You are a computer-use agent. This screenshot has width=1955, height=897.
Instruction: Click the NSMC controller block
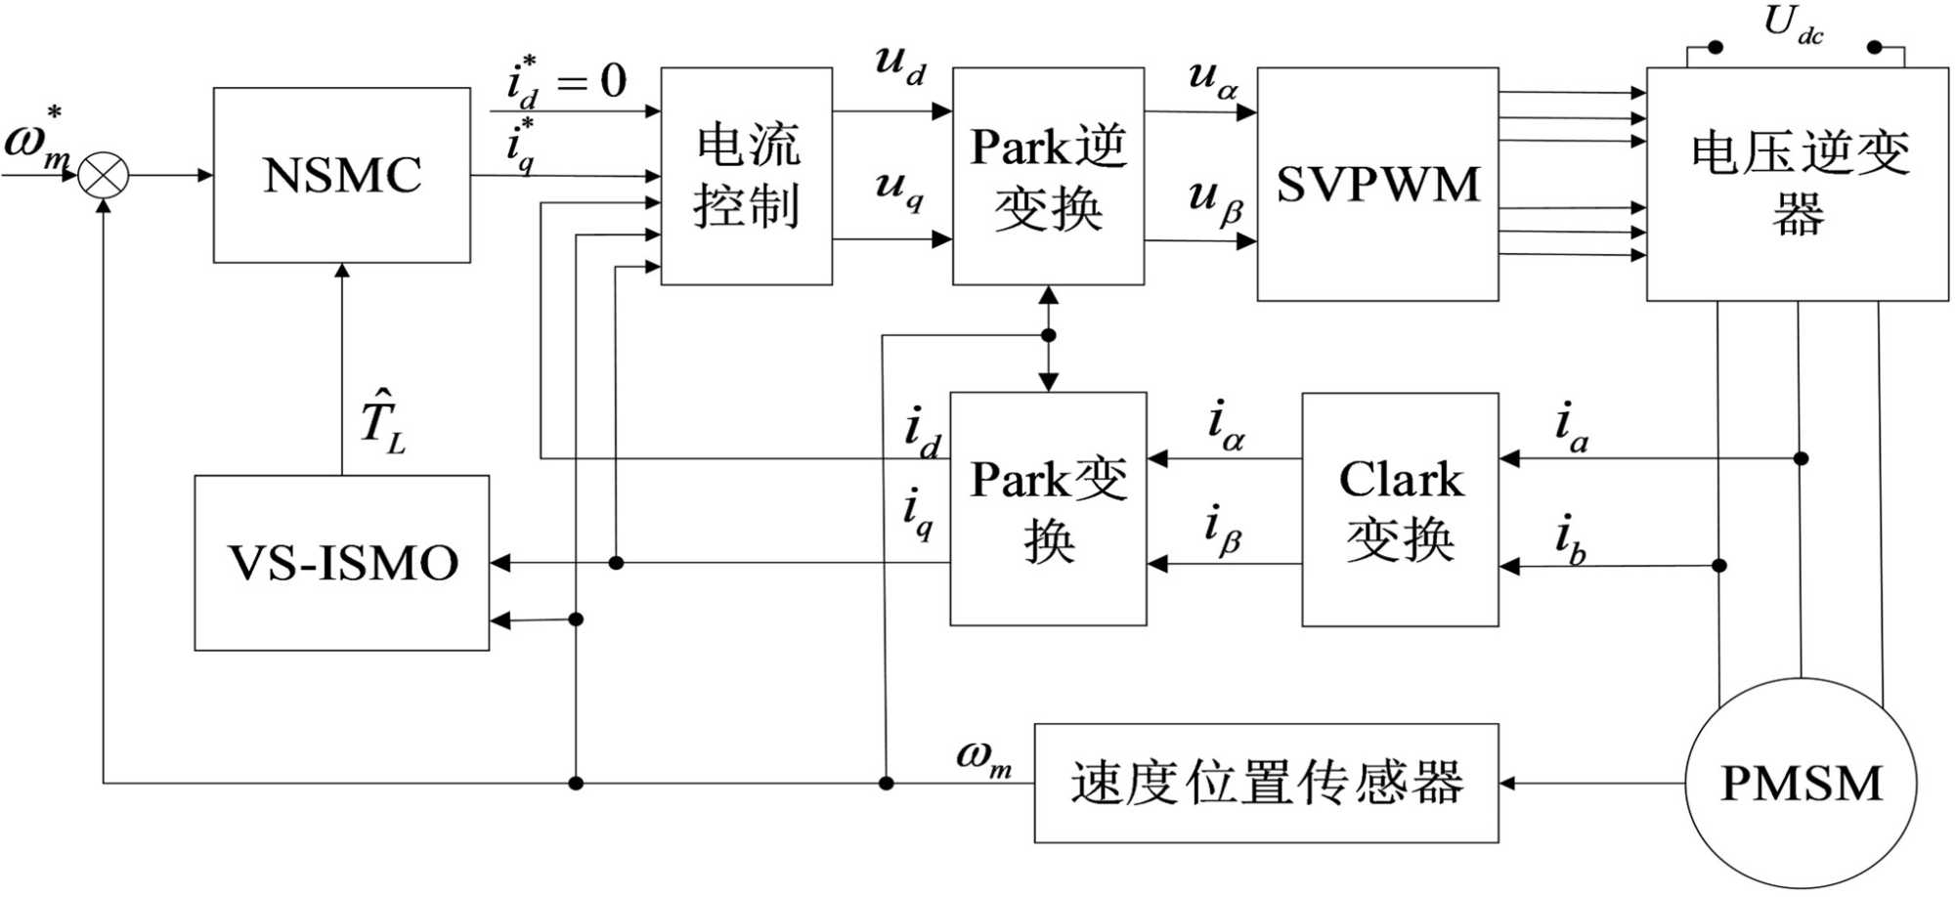pyautogui.click(x=342, y=175)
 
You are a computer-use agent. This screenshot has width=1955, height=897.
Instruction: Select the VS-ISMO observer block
pyautogui.click(x=342, y=563)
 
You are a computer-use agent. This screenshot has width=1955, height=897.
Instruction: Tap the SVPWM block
pyautogui.click(x=1377, y=184)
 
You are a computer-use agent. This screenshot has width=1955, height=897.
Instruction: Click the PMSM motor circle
pyautogui.click(x=1801, y=783)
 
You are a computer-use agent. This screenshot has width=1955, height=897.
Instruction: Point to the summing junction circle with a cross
pyautogui.click(x=104, y=176)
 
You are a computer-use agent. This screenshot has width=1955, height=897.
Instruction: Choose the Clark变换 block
pyautogui.click(x=1400, y=509)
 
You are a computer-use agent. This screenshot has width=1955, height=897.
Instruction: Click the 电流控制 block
pyautogui.click(x=747, y=176)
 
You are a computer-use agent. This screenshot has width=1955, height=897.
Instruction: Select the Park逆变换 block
pyautogui.click(x=1048, y=176)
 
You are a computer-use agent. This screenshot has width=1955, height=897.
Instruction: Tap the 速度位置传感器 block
pyautogui.click(x=1266, y=783)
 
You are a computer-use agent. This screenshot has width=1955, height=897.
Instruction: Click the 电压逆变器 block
pyautogui.click(x=1797, y=184)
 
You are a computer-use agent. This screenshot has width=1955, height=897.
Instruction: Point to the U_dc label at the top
pyautogui.click(x=1793, y=23)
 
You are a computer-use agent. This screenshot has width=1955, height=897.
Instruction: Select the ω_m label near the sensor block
pyautogui.click(x=983, y=757)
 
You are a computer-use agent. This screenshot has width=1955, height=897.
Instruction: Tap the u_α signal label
pyautogui.click(x=1213, y=78)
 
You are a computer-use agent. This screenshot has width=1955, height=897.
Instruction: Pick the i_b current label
pyautogui.click(x=1570, y=538)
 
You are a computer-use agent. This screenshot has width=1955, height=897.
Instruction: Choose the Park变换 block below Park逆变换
pyautogui.click(x=1048, y=509)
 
